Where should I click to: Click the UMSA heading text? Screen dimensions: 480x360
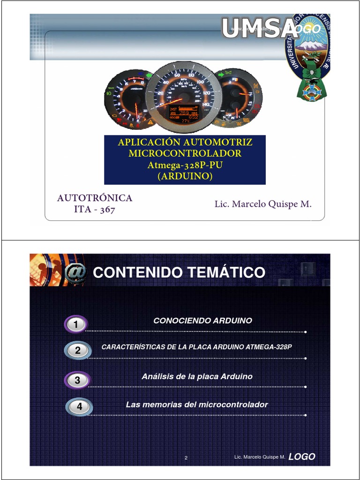(x=259, y=29)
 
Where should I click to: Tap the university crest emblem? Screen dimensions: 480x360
(x=309, y=56)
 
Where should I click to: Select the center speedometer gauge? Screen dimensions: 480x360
(x=183, y=97)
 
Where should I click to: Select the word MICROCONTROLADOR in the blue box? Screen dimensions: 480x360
(x=185, y=154)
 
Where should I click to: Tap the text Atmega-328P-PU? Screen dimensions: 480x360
(x=185, y=165)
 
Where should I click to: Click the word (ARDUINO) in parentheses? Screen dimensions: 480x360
(x=185, y=176)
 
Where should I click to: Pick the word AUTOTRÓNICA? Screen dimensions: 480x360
(x=95, y=198)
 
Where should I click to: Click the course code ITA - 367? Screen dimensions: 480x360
(x=95, y=210)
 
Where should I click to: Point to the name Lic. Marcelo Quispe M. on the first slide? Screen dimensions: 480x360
(x=263, y=204)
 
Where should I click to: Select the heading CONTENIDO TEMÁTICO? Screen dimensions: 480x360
(x=179, y=272)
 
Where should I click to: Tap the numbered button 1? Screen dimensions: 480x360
(x=76, y=324)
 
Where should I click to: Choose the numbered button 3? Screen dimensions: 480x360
(x=77, y=380)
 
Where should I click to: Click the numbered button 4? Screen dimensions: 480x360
(x=79, y=407)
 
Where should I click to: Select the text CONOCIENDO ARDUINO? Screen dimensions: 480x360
(x=202, y=321)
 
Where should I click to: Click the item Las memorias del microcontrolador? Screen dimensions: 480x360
(x=197, y=405)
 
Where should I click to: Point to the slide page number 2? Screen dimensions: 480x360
(x=186, y=458)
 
